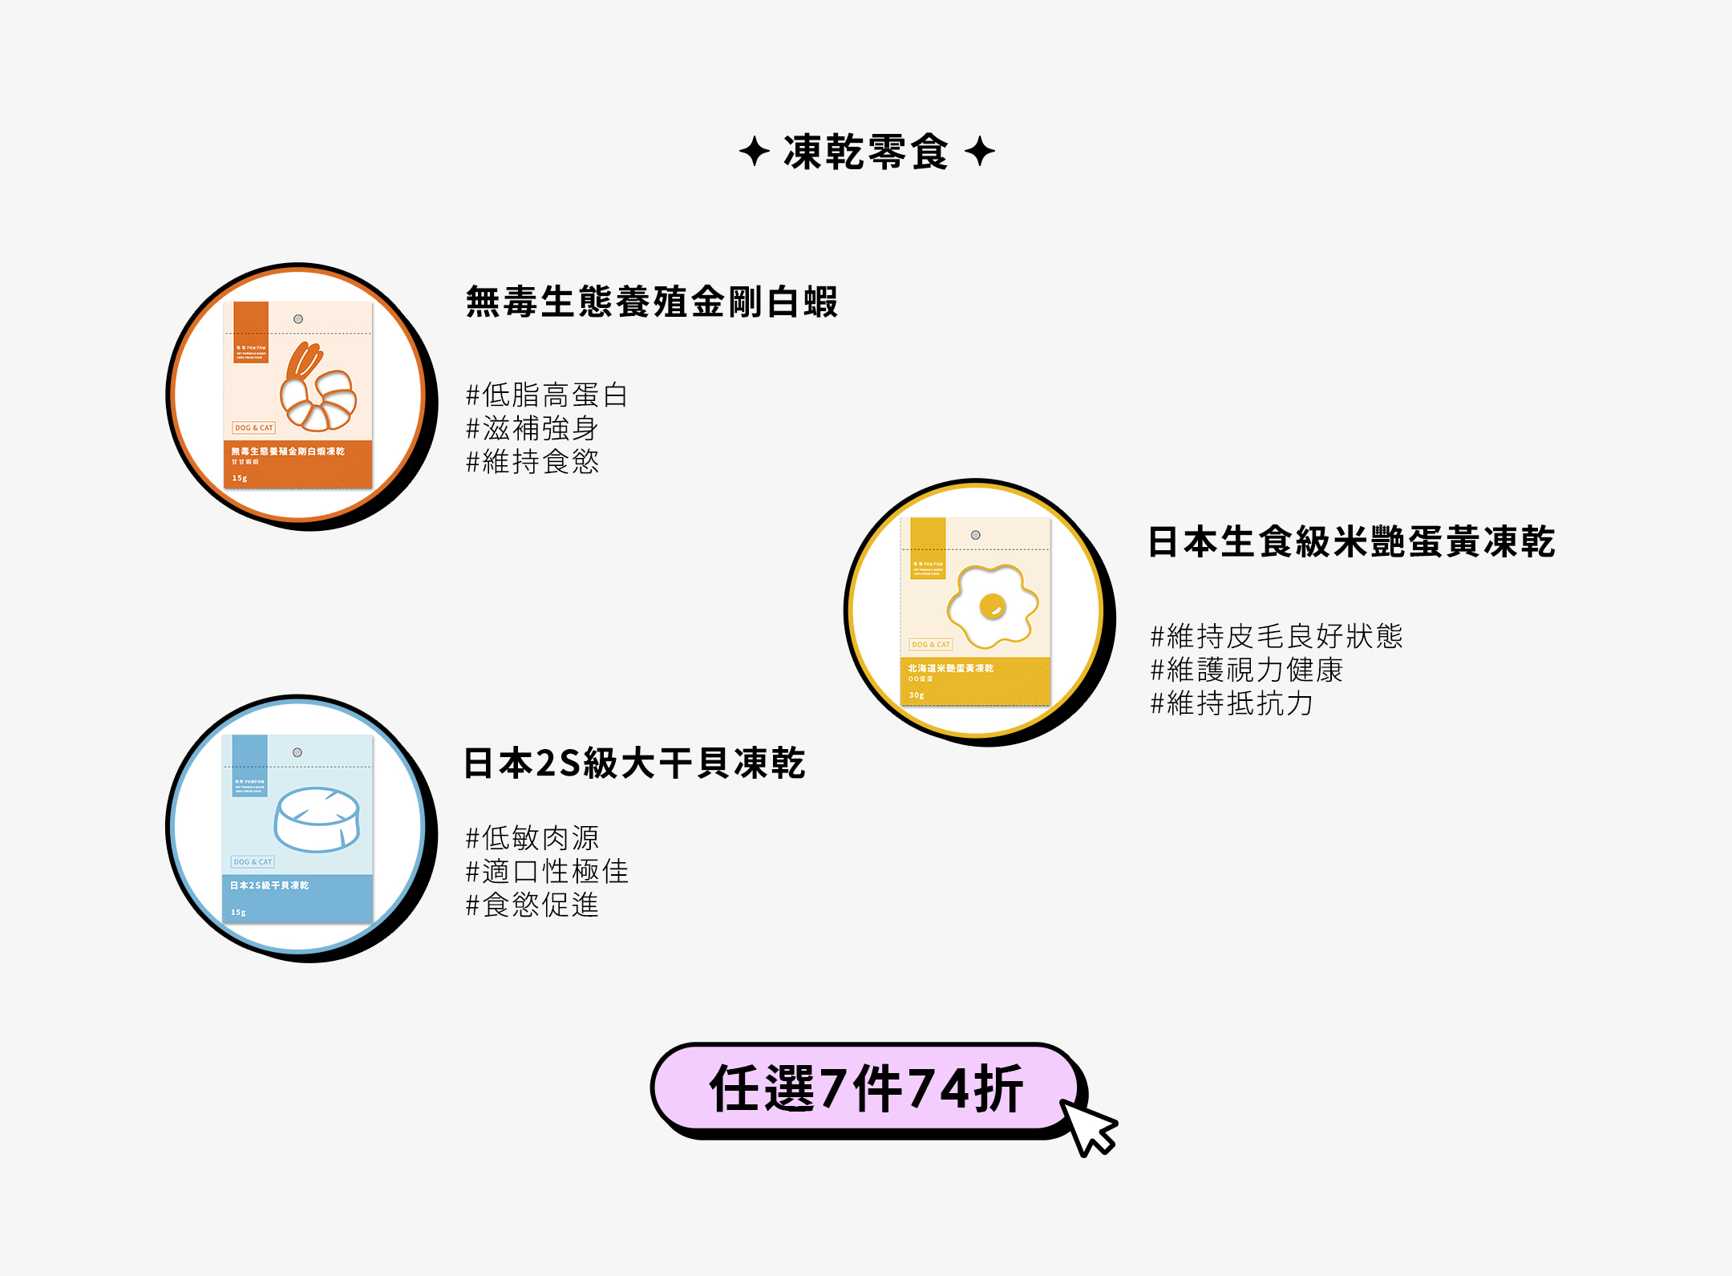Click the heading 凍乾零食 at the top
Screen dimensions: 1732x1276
point(866,152)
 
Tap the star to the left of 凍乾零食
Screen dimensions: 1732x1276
point(754,151)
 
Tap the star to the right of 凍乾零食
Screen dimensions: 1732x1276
point(979,151)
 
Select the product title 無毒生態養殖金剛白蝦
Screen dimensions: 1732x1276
point(651,302)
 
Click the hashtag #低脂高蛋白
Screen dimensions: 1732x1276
point(547,395)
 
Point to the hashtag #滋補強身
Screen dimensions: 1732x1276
point(532,428)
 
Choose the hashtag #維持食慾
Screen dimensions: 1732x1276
point(532,462)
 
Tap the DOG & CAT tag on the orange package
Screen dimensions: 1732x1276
point(253,427)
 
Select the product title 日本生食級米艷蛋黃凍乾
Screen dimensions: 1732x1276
point(1351,542)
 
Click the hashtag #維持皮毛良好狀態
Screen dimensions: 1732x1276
point(1277,636)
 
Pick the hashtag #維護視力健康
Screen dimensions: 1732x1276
point(1247,670)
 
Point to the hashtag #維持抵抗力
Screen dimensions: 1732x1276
point(1232,703)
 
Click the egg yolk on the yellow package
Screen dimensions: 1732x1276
point(993,606)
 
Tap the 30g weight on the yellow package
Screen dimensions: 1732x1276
point(917,695)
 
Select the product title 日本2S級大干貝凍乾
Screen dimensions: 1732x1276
point(634,763)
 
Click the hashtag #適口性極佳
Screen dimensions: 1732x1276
point(547,871)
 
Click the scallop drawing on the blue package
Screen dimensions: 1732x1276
point(317,819)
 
